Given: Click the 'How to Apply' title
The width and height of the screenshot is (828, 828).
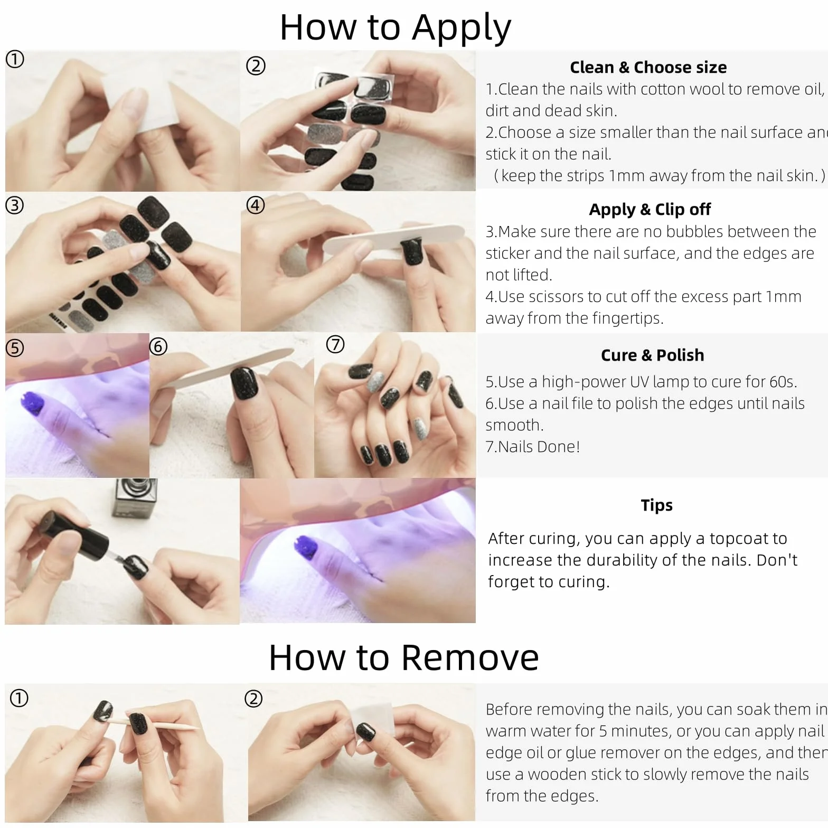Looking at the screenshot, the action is (395, 27).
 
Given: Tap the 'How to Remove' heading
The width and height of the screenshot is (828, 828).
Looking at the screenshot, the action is (403, 657).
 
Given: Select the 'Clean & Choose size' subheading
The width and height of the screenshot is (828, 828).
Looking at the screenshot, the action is (648, 68).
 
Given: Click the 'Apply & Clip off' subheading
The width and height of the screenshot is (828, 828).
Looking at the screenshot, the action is (650, 210).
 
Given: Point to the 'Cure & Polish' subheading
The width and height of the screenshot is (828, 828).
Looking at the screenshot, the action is (652, 355).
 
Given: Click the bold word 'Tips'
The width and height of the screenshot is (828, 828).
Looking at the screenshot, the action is (656, 505).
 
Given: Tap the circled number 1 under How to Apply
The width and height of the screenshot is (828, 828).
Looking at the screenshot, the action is (15, 59).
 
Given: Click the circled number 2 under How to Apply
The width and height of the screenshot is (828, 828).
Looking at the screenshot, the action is (256, 66).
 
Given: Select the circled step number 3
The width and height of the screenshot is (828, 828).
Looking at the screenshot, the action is (15, 205).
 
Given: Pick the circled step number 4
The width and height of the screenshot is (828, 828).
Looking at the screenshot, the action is (256, 205).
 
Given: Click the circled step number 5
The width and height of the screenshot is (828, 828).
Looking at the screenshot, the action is (15, 348).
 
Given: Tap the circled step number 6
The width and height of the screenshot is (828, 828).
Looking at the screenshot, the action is (158, 346).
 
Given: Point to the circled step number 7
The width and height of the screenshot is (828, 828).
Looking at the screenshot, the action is (335, 344).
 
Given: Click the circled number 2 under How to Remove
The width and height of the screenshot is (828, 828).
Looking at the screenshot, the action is (253, 699).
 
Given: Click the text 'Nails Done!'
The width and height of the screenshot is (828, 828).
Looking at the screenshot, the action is (539, 447).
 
